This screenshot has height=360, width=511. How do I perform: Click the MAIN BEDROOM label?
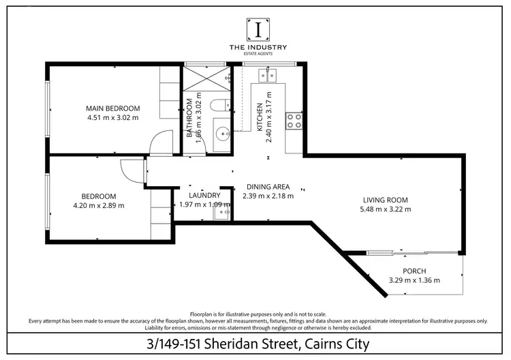(112, 108)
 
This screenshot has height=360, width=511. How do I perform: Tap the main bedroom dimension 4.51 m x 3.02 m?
(112, 117)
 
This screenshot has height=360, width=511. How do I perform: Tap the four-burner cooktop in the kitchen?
(294, 121)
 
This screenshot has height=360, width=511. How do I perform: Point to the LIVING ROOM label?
(386, 200)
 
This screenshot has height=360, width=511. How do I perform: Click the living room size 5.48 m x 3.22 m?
(386, 209)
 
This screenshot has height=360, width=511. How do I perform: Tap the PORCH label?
(414, 271)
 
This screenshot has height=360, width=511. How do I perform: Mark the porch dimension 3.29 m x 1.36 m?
(414, 280)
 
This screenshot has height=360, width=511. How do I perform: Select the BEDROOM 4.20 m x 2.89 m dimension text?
(99, 205)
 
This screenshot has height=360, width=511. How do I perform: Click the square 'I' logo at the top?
(258, 29)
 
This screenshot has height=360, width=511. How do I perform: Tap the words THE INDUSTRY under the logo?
(258, 47)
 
